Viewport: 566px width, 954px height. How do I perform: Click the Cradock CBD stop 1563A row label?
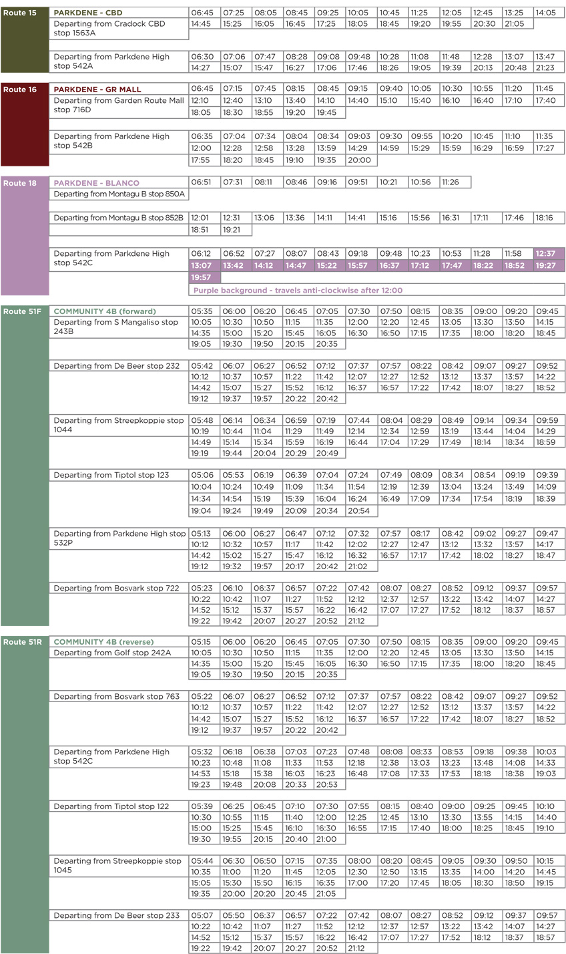tap(109, 29)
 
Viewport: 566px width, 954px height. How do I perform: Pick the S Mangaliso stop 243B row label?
tap(115, 327)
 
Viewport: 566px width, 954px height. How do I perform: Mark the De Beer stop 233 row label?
tap(116, 915)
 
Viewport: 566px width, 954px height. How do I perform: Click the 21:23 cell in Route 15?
tap(549, 67)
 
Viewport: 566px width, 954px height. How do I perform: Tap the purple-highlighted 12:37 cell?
tap(549, 253)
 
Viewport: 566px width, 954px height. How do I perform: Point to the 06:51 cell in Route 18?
tap(204, 182)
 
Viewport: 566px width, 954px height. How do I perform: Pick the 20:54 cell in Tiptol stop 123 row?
tap(361, 510)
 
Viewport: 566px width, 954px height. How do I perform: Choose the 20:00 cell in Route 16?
tap(361, 160)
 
